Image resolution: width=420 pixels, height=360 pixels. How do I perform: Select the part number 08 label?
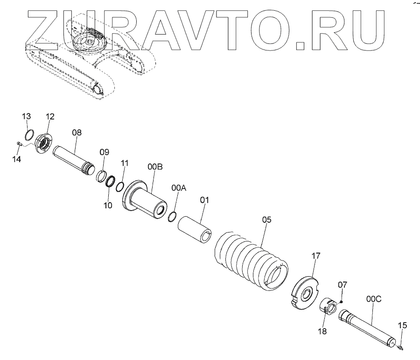click(x=77, y=133)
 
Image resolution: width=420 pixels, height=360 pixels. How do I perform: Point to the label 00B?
click(x=155, y=167)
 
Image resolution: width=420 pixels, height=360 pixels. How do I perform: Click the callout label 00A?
click(x=179, y=188)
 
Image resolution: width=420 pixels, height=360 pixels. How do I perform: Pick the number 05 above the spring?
click(x=266, y=219)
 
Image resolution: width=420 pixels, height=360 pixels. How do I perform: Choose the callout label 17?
click(x=316, y=255)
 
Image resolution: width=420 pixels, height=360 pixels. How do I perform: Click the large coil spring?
click(x=252, y=258)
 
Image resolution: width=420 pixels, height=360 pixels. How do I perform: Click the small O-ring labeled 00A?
click(x=172, y=216)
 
